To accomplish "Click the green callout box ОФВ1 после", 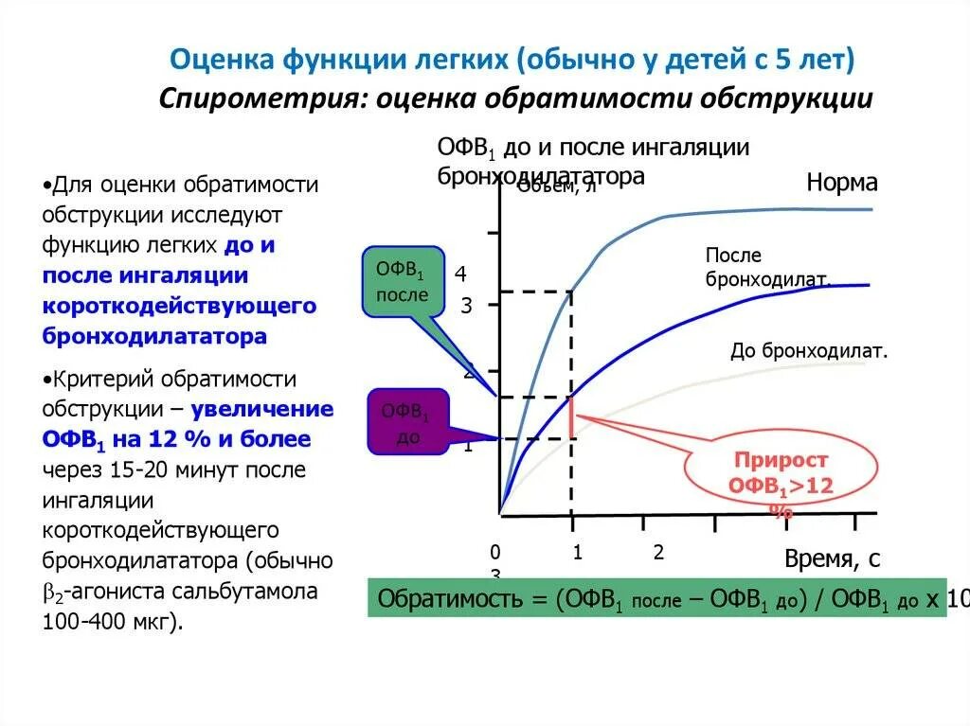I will [404, 281].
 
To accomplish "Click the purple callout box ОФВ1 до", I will [406, 422].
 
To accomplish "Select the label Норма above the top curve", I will [842, 182].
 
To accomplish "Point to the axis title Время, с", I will [833, 559].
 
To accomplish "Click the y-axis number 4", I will [460, 274].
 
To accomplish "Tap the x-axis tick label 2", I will [659, 553].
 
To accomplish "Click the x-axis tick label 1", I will [576, 553].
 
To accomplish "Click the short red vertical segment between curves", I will [571, 416].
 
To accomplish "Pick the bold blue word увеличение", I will [262, 410].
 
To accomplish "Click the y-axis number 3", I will [466, 306].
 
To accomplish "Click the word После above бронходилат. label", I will [733, 256].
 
